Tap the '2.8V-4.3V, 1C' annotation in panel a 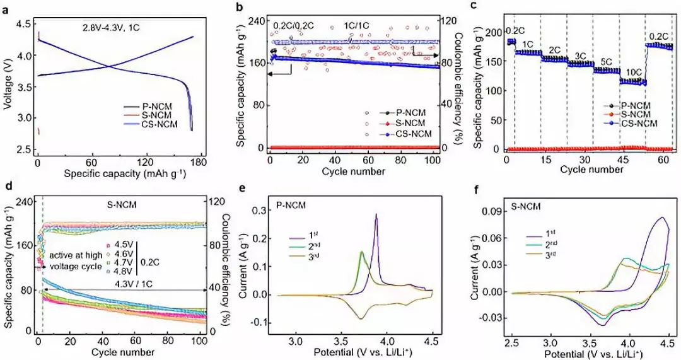112,28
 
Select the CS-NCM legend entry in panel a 158,124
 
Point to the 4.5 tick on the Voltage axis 21,24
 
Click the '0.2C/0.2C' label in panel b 293,26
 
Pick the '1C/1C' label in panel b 356,26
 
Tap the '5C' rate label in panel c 606,61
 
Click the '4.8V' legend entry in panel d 120,270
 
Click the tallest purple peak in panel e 376,214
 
